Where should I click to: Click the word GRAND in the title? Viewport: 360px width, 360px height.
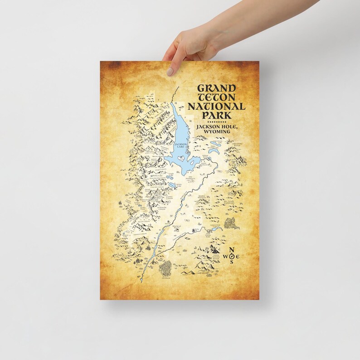coord(216,89)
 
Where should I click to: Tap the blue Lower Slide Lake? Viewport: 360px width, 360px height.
coord(216,229)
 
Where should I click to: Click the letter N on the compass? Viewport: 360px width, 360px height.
coord(232,250)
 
